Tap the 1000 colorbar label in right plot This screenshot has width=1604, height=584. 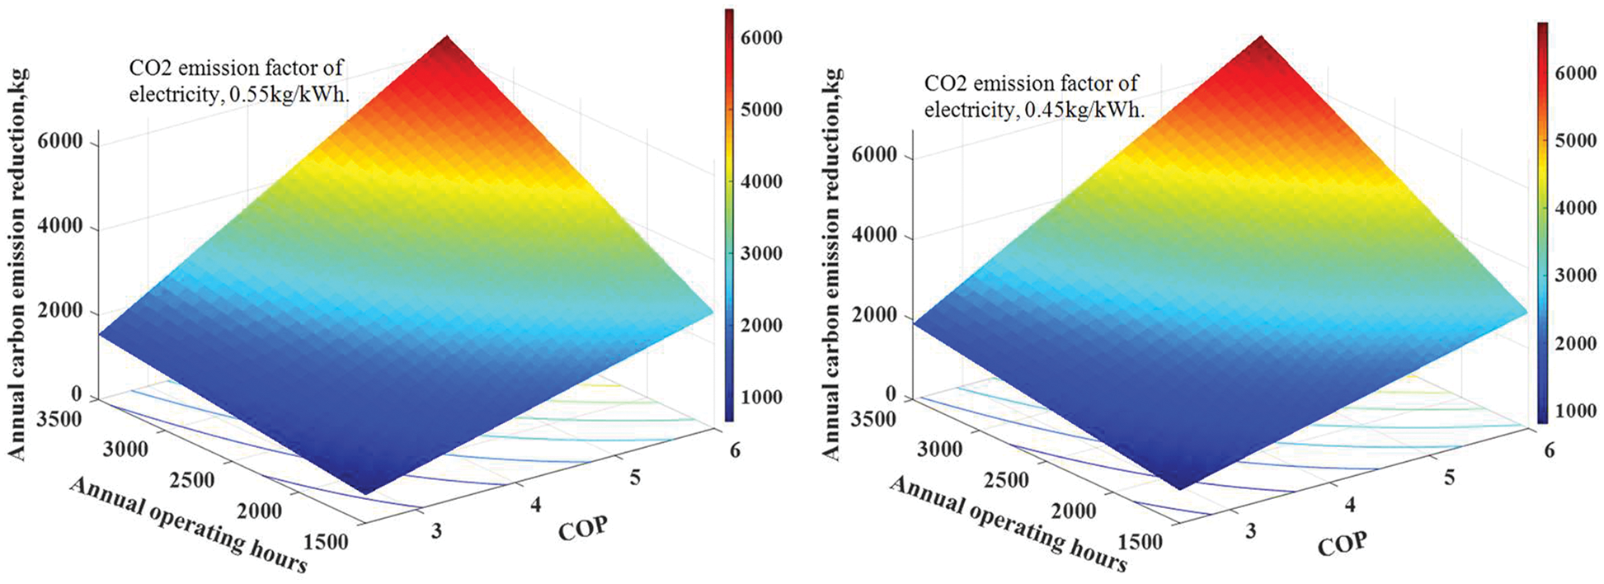1574,411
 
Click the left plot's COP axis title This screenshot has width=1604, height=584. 583,528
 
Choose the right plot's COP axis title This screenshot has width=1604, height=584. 1342,544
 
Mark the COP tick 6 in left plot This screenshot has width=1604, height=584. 734,450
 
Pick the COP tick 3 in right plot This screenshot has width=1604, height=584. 1250,530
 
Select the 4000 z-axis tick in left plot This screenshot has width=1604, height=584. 61,226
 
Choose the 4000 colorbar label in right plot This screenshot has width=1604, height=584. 1574,209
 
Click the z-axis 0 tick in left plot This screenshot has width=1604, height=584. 78,394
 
